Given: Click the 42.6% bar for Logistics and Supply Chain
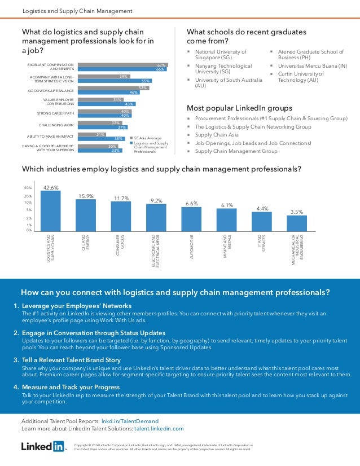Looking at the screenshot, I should click(50, 210).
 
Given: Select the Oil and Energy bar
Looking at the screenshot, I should click(86, 214).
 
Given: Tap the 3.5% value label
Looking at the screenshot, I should click(296, 212).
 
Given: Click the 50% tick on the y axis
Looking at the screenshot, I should click(28, 187).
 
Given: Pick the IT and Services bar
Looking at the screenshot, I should click(262, 221).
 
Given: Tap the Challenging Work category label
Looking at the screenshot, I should click(56, 125).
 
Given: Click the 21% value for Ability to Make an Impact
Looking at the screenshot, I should click(101, 134).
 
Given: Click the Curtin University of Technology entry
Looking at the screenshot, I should click(301, 77).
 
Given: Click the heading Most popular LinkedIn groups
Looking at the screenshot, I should click(239, 108).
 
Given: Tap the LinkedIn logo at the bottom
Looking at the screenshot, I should click(43, 447).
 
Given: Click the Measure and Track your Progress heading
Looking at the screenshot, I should click(71, 387).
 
